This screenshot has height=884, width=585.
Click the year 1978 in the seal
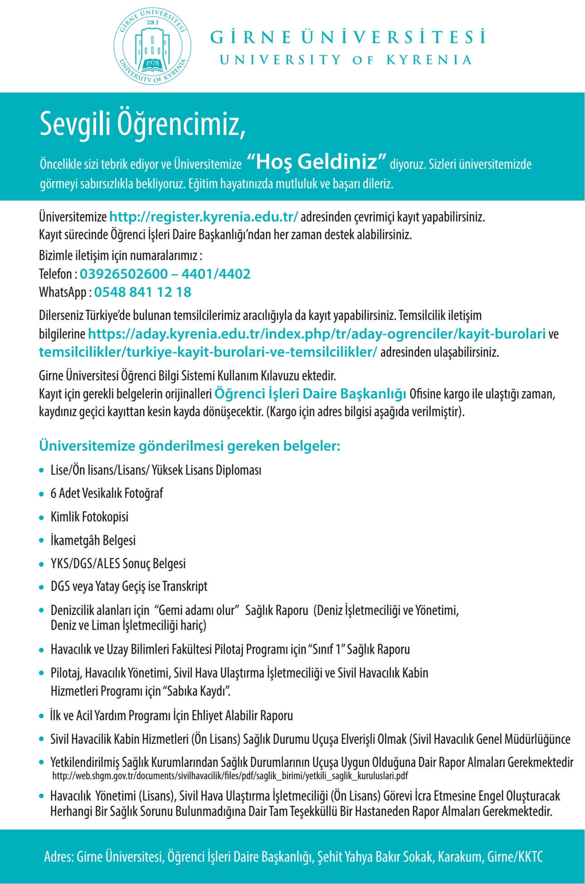pyautogui.click(x=151, y=63)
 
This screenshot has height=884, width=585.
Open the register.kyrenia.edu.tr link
pyautogui.click(x=204, y=217)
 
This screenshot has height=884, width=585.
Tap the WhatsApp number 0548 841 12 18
pyautogui.click(x=142, y=292)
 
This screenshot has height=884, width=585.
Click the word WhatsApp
pyautogui.click(x=62, y=292)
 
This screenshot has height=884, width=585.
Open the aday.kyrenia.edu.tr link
pyautogui.click(x=317, y=334)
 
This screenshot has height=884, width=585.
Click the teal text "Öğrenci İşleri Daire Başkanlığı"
pyautogui.click(x=310, y=393)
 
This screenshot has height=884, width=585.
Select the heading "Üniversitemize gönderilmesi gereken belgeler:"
pyautogui.click(x=189, y=446)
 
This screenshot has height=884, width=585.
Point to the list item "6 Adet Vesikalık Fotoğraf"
pyautogui.click(x=107, y=493)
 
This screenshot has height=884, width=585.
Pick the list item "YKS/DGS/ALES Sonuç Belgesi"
pyautogui.click(x=118, y=564)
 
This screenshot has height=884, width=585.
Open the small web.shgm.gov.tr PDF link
pyautogui.click(x=230, y=776)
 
